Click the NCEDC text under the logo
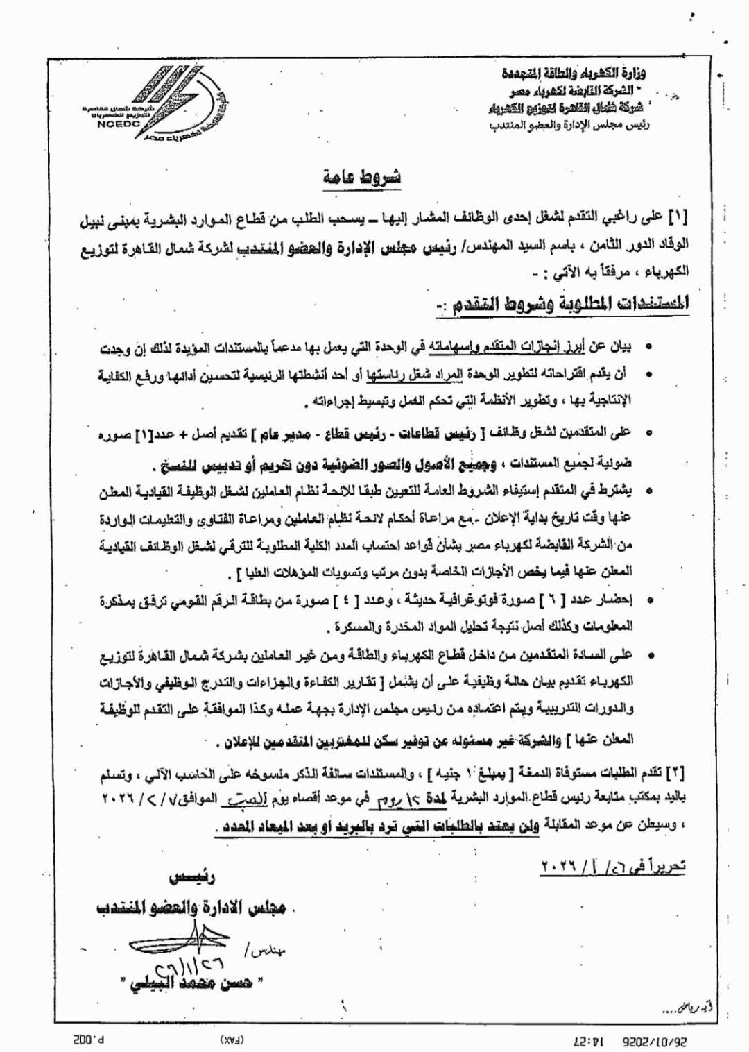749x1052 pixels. coord(119,124)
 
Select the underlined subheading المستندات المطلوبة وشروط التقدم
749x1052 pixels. coord(562,304)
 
